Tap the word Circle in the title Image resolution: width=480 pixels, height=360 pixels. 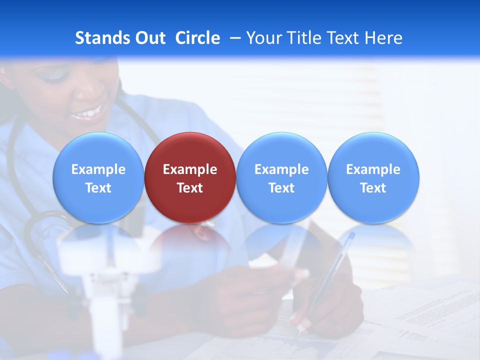pyautogui.click(x=197, y=38)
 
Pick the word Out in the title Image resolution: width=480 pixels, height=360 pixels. pyautogui.click(x=149, y=38)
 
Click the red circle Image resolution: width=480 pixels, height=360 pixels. pyautogui.click(x=190, y=177)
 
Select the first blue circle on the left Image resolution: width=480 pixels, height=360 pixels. pyautogui.click(x=98, y=177)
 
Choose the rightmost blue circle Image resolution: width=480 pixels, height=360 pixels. pyautogui.click(x=373, y=177)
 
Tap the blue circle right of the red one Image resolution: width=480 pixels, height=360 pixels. pyautogui.click(x=281, y=177)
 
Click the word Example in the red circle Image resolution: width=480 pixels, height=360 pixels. pyautogui.click(x=190, y=169)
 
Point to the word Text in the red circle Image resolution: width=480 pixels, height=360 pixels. pyautogui.click(x=190, y=188)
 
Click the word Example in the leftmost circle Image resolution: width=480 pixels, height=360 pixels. pyautogui.click(x=98, y=169)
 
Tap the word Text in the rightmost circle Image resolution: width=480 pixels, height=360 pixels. pyautogui.click(x=373, y=188)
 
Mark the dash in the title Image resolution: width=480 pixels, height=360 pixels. pyautogui.click(x=233, y=38)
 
